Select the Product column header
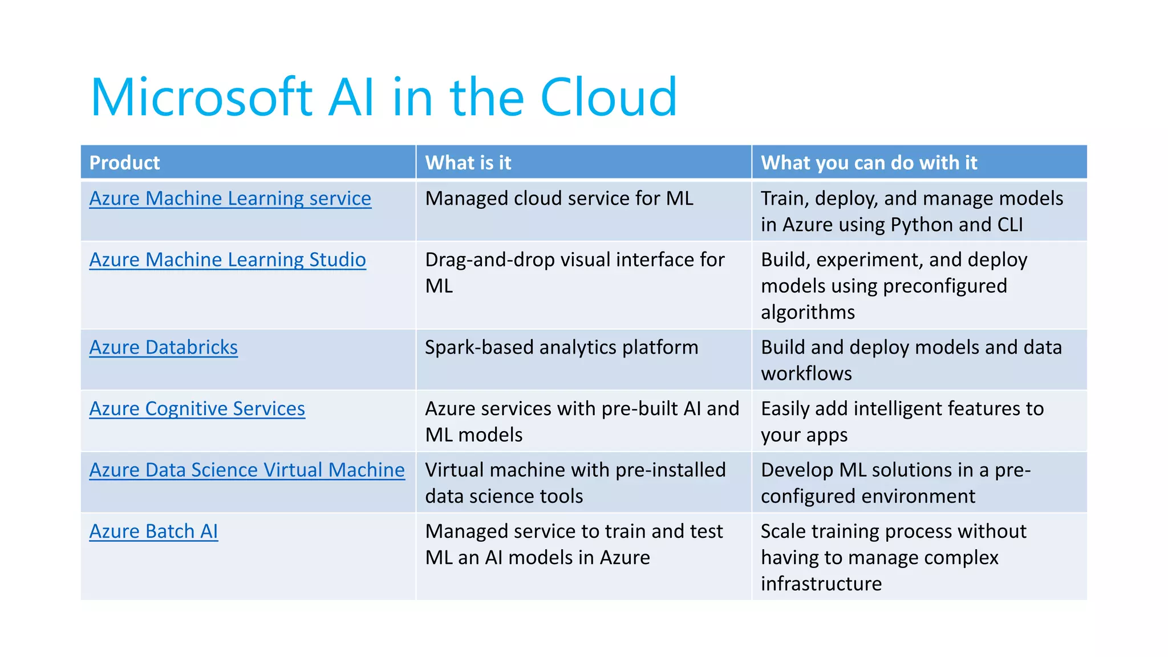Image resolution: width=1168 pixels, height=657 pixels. (x=125, y=163)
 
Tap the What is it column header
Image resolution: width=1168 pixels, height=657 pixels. (x=468, y=163)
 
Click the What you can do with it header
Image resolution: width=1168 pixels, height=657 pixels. (x=869, y=163)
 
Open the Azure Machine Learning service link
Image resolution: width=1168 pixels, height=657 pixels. (x=230, y=198)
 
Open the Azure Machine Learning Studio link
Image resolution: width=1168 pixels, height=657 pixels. (x=228, y=260)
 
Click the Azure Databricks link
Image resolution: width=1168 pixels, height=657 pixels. (x=164, y=347)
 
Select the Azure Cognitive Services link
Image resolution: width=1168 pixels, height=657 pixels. (x=197, y=409)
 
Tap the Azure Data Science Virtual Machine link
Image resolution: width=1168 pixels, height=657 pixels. (x=247, y=470)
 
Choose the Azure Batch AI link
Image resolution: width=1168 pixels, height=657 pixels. (x=153, y=532)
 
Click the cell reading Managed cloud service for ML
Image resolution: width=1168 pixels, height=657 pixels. (x=559, y=198)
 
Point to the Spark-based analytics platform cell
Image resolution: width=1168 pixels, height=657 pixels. (x=561, y=347)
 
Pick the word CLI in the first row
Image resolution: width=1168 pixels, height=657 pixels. (x=1010, y=225)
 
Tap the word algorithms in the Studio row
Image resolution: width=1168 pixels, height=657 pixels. (x=808, y=313)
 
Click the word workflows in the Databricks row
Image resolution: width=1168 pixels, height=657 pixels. (x=806, y=374)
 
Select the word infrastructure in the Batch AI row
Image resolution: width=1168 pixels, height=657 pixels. (x=821, y=584)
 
